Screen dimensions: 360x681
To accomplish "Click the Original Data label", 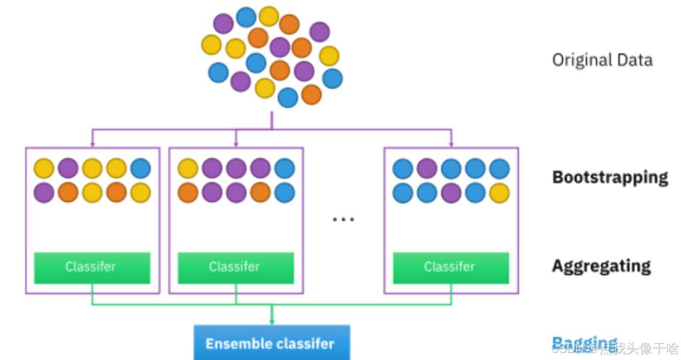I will pos(602,59).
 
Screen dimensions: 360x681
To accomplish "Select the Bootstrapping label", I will pos(610,177).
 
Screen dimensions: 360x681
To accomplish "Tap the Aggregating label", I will pos(601,266).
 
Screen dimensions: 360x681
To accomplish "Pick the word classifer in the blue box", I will pos(305,343).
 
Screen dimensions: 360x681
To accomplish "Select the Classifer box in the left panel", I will pos(92,267).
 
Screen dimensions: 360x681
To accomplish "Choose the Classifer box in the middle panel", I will pos(236,267).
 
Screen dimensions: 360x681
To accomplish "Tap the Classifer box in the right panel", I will pos(451,267).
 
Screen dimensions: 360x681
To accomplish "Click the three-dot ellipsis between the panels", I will pos(343,219).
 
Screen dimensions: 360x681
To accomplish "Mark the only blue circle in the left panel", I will pos(141,168).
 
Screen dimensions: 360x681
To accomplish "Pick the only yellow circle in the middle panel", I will pos(188,168).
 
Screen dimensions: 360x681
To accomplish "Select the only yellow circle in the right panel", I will pos(500,193).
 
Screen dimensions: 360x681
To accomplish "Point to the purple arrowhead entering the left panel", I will pos(92,144).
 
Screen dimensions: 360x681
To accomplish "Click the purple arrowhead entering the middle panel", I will pos(236,144).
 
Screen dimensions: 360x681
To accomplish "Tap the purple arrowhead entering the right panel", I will pos(451,144).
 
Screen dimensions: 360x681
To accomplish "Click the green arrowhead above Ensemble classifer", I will pos(271,321).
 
